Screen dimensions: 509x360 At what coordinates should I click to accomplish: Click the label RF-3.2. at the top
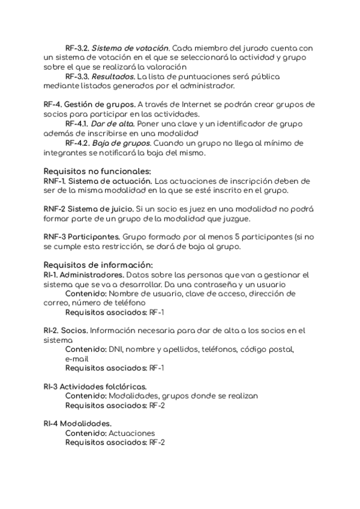coord(77,47)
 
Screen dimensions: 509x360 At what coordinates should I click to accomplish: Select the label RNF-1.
coord(56,181)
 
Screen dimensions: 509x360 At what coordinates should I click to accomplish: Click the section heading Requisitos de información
coord(98,265)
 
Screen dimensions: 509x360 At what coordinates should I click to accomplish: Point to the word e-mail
coord(78,358)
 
